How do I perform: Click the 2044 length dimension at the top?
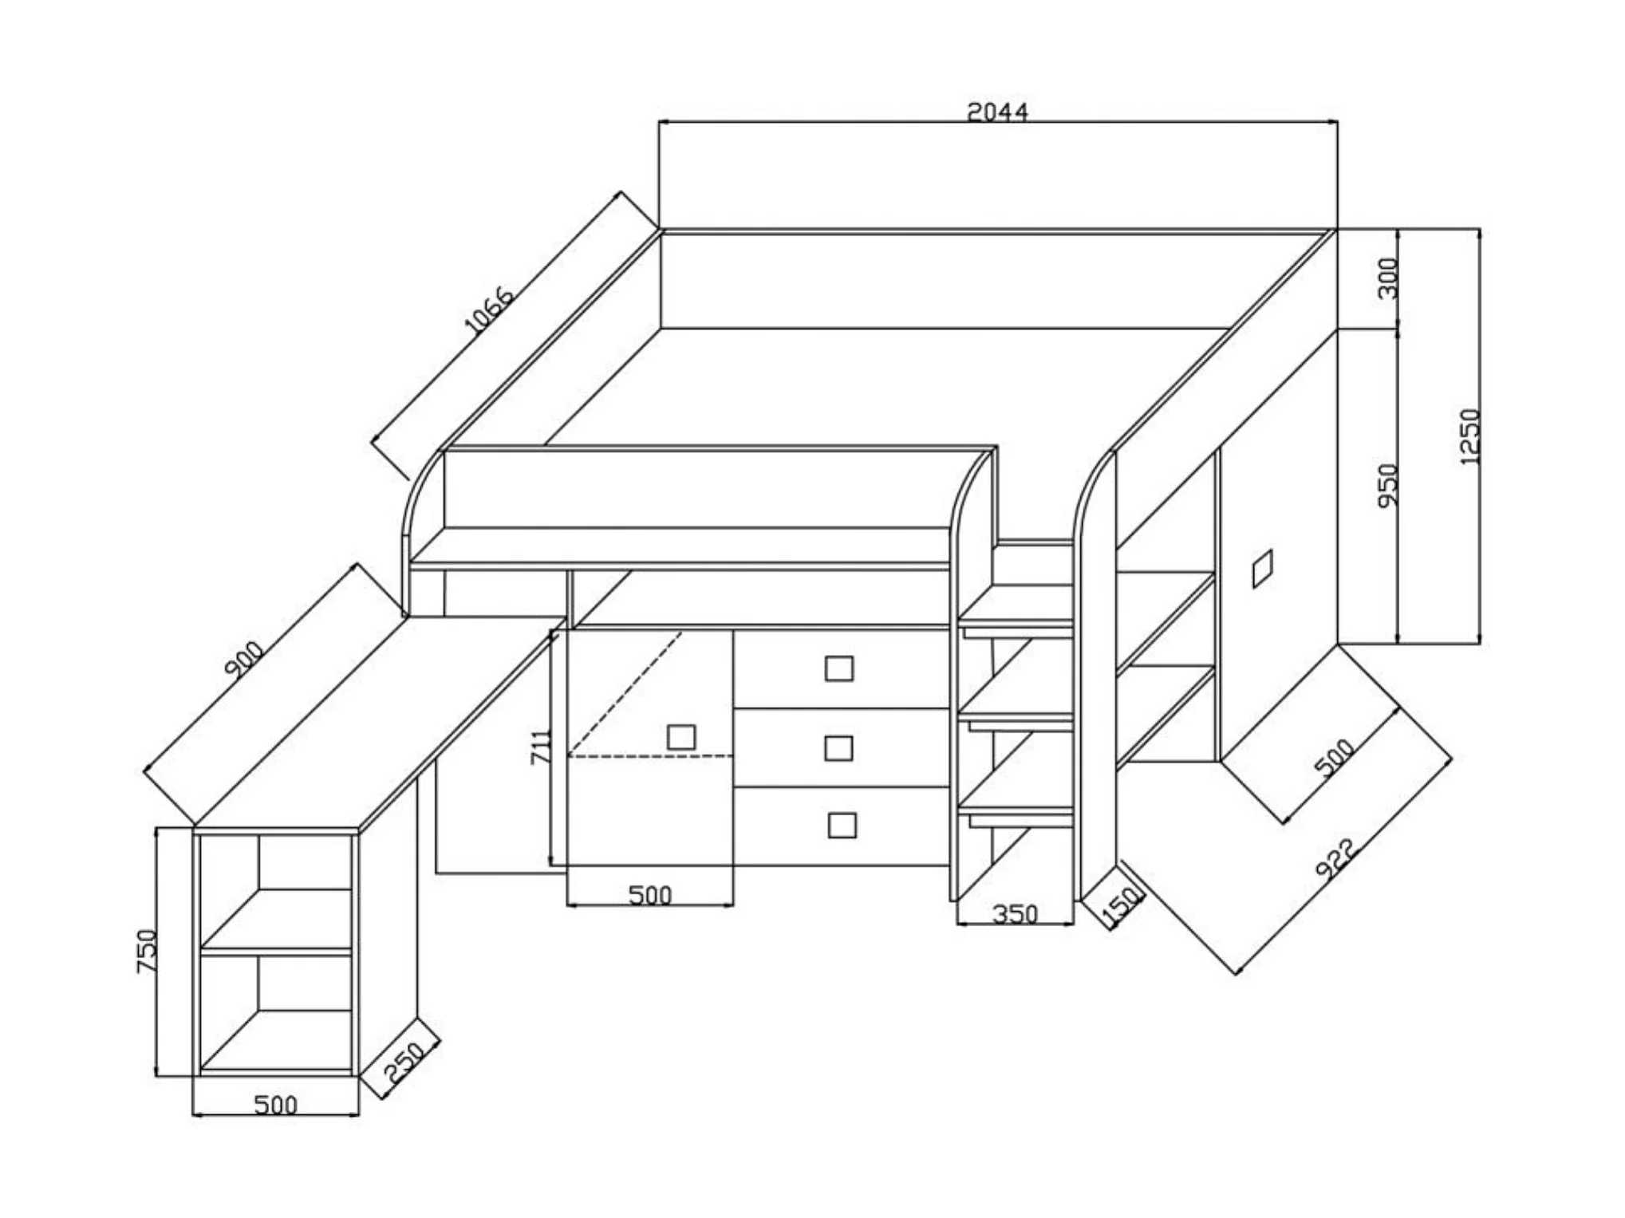(x=997, y=112)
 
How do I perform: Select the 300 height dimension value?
(x=1389, y=278)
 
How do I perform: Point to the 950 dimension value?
(x=1389, y=484)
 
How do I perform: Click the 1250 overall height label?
(x=1469, y=436)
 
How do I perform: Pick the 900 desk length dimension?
(x=245, y=660)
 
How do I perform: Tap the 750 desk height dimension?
(x=148, y=950)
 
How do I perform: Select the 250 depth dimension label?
(x=404, y=1064)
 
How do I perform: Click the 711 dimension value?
(x=542, y=747)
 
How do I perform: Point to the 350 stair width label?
(x=1015, y=914)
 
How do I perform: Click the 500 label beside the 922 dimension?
(x=1335, y=759)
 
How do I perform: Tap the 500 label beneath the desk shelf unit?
(x=275, y=1105)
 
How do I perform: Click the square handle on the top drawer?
(x=838, y=668)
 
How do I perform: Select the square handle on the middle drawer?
(x=838, y=748)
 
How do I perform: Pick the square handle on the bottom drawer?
(x=842, y=825)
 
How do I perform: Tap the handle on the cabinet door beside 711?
(x=680, y=737)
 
